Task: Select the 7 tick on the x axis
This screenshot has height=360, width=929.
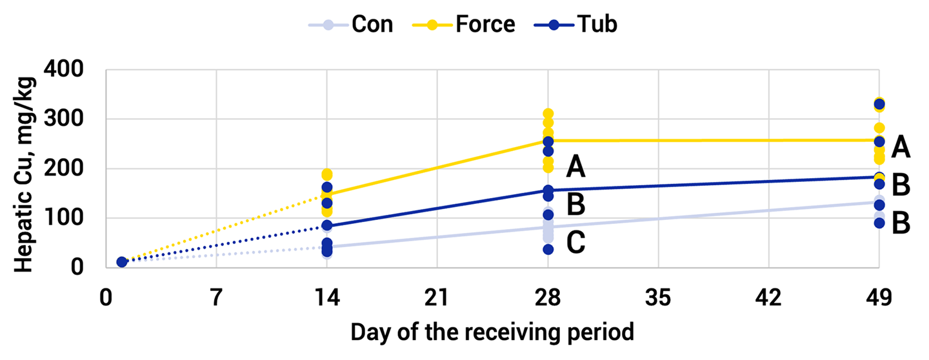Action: click(x=216, y=299)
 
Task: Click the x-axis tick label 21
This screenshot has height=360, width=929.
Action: click(x=437, y=299)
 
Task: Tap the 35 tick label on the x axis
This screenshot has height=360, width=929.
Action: click(x=658, y=299)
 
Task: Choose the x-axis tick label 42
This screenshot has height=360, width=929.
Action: click(x=768, y=299)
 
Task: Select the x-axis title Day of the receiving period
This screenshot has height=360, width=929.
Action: click(x=492, y=333)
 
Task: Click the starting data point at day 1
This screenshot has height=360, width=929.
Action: click(x=121, y=262)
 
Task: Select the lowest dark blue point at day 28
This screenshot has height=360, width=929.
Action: click(x=548, y=249)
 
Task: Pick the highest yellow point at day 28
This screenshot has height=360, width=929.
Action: click(x=548, y=114)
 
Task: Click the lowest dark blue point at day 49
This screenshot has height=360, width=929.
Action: click(x=879, y=223)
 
